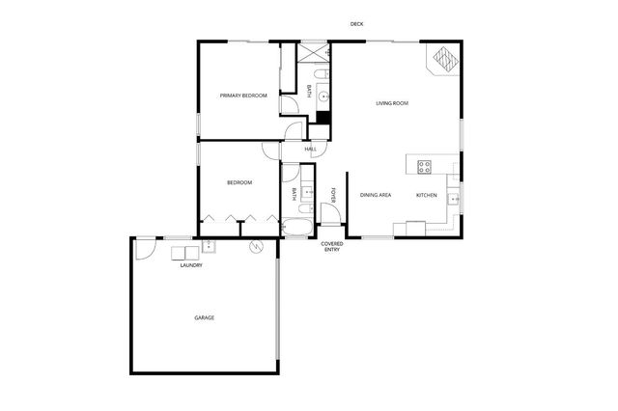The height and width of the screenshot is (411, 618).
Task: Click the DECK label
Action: pos(356,23)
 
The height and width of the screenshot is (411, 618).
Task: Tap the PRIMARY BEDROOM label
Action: pos(242,96)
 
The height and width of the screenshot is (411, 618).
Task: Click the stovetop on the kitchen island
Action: pos(423,167)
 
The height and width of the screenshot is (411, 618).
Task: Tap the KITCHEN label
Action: pos(426,196)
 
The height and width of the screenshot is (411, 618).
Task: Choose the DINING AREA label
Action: pos(375,196)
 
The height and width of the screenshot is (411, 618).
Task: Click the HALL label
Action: pos(310,150)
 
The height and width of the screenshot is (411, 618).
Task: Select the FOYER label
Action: pos(333,195)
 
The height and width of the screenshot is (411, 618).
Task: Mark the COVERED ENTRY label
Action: pos(331,247)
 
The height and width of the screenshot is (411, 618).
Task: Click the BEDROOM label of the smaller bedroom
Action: pos(239,182)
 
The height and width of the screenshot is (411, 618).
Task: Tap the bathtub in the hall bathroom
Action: pos(296,229)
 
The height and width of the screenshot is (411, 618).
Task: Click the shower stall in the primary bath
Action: pos(313,52)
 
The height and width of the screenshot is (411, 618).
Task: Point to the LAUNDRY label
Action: pos(191,265)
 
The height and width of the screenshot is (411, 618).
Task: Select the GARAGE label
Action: pos(204,317)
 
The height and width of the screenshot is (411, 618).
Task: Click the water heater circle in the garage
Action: pos(256,247)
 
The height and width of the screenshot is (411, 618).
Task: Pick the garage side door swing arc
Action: pos(143,248)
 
